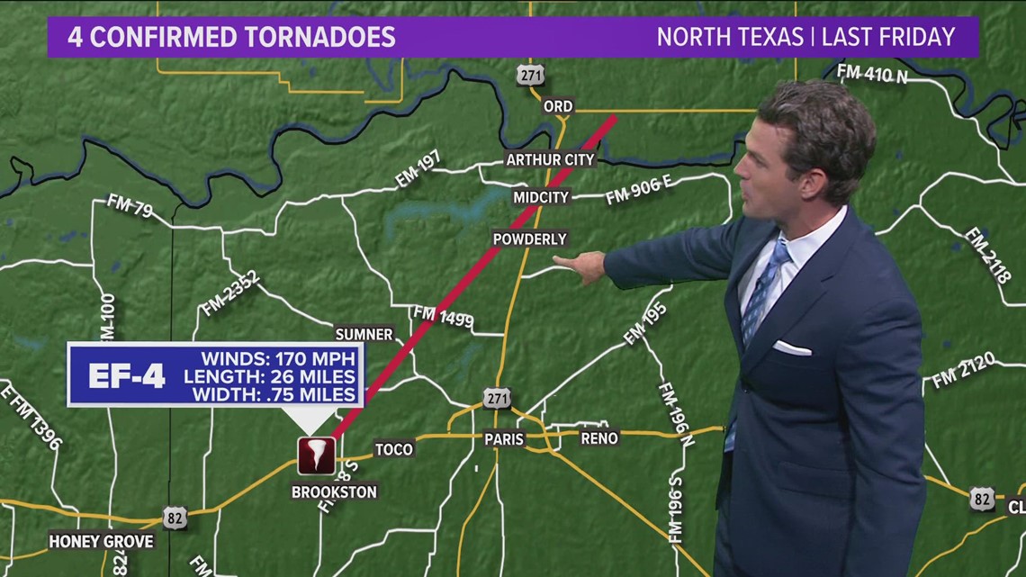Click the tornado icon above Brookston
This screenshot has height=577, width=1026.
coord(316,455)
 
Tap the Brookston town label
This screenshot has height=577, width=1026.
coord(334,492)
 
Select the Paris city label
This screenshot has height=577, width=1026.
coord(504,439)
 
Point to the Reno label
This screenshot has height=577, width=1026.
coord(599,438)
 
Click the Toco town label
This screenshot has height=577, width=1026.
coord(393,449)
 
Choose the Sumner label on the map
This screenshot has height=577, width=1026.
coord(364,334)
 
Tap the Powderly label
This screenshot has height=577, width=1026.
coord(529,239)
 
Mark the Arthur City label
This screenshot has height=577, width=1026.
coord(550,159)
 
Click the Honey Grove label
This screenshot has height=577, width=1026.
coord(102,541)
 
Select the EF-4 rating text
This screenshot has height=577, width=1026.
coord(126,375)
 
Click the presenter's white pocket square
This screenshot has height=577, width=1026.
coord(791,347)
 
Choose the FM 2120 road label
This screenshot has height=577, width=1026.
coord(963,370)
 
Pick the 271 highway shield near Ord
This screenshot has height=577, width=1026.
coord(530,75)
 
